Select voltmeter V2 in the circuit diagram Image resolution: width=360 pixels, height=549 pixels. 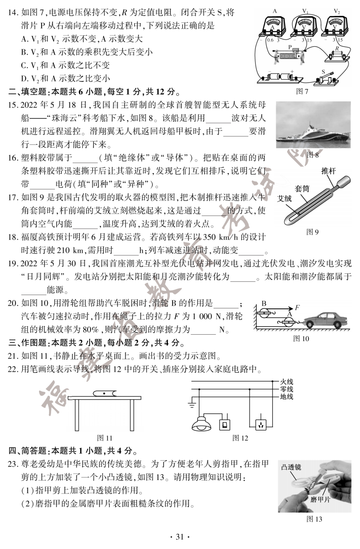coord(335,25)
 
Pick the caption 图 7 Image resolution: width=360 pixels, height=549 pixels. coord(302,91)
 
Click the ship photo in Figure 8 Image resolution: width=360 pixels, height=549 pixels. coord(313,125)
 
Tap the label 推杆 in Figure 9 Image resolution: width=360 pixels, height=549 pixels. coord(328,171)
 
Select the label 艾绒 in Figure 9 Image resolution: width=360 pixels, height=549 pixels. coord(284,199)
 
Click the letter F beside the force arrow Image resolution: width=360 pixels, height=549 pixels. coord(297,308)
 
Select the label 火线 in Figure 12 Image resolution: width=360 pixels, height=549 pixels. coord(286,382)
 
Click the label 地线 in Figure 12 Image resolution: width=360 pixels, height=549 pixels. coord(286,397)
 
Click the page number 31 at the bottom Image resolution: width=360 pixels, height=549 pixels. coord(180,537)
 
